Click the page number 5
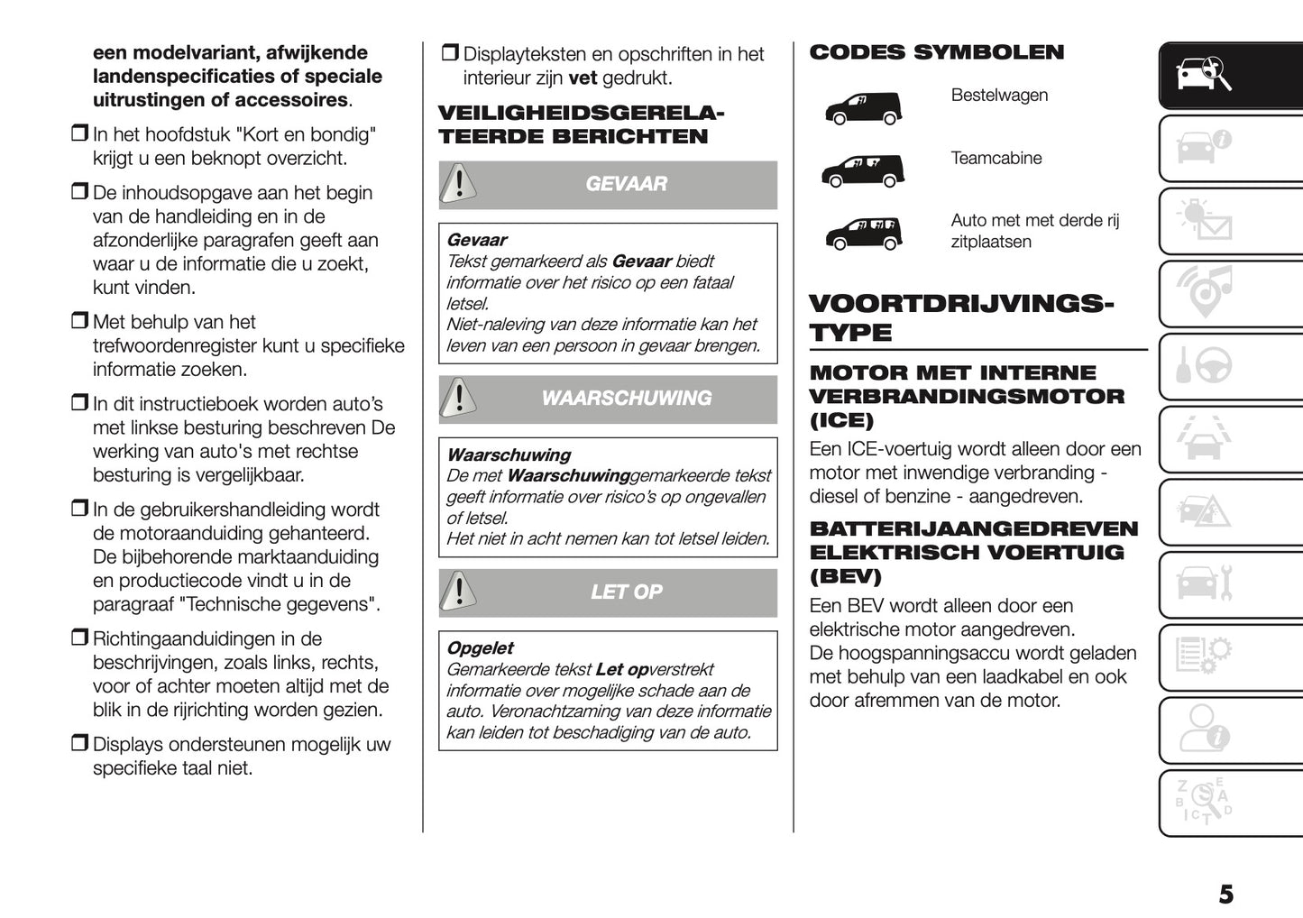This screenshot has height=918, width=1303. (x=1225, y=895)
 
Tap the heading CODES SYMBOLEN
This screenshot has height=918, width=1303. (x=936, y=52)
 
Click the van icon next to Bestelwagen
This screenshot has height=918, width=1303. (x=862, y=108)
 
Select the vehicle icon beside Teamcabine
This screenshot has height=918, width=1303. (x=862, y=170)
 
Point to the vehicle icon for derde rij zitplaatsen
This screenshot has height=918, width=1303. (x=862, y=233)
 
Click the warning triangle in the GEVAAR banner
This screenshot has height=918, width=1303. (x=459, y=184)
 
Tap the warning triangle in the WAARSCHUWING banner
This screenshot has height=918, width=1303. (x=459, y=399)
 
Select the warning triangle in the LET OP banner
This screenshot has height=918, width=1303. (x=459, y=592)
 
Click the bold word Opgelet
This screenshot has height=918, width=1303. (x=480, y=648)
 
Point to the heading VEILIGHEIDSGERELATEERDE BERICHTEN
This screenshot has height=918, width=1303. (x=581, y=125)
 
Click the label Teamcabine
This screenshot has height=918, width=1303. (x=996, y=159)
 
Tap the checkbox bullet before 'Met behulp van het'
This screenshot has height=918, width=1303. (x=79, y=321)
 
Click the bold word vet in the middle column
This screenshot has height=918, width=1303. (x=583, y=78)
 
